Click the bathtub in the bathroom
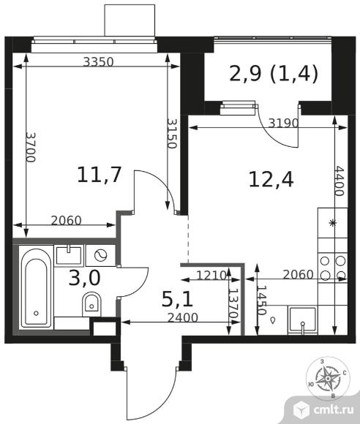coord(36,287)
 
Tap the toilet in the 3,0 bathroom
coord(91,303)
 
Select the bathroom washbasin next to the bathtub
coord(69,255)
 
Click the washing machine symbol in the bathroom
coord(100,255)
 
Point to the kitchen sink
coord(302,320)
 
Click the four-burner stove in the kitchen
coord(333,268)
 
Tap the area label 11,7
coord(99,175)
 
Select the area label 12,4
coord(271,180)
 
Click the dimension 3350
coord(98,62)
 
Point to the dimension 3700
coord(31,147)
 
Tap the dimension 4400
coord(340,181)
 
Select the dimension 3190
coord(283,124)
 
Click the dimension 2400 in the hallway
coord(183,318)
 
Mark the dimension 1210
coord(211,276)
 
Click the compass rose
coord(328,377)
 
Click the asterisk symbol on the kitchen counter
coord(332,223)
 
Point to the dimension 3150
coord(172,133)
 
